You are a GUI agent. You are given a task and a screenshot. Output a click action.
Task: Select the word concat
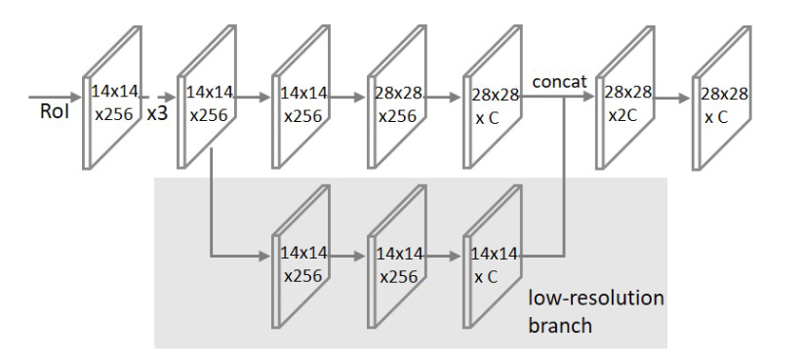pos(559,83)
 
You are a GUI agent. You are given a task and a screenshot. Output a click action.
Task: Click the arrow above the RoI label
pos(54,98)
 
